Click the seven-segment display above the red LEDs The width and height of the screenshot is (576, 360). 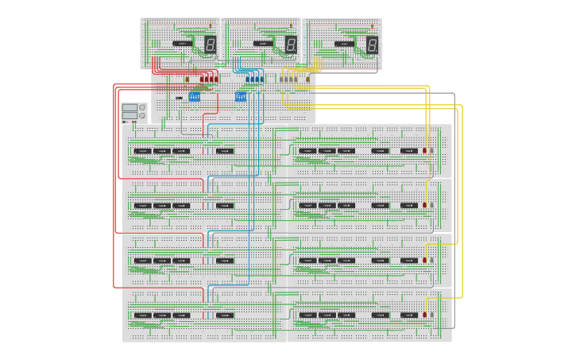(211, 45)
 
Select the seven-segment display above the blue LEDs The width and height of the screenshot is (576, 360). (291, 45)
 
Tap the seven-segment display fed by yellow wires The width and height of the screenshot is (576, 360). (372, 45)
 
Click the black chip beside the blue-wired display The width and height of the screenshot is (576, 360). (263, 44)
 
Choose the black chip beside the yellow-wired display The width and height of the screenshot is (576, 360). (344, 44)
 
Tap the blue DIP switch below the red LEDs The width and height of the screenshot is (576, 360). (195, 96)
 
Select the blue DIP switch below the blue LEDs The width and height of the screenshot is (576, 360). (241, 96)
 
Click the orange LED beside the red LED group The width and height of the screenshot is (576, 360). (187, 79)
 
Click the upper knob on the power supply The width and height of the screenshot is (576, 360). (142, 107)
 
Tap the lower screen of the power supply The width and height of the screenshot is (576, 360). (129, 116)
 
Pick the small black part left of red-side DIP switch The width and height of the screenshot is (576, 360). (179, 98)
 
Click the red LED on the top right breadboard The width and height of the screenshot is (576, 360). (425, 149)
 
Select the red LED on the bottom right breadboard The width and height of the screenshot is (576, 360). (425, 315)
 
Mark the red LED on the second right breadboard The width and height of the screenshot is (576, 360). (425, 205)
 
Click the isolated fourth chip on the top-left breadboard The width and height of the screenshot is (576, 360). (225, 150)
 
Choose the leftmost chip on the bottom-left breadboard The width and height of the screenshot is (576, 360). (142, 315)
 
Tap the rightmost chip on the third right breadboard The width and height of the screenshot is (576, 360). (408, 260)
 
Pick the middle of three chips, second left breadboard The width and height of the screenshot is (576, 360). (162, 205)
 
